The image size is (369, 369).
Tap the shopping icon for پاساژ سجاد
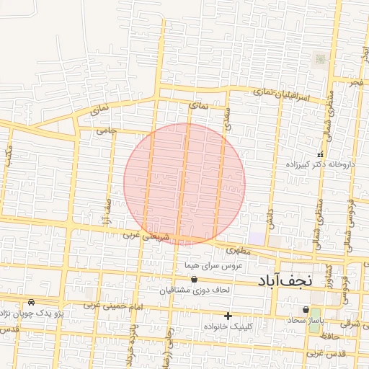coord(306,310)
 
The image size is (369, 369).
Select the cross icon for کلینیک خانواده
coord(228,316)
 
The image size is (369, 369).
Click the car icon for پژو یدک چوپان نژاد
coord(31,303)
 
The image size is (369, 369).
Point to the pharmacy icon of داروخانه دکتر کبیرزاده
coord(321,154)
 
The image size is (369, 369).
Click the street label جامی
coord(106,130)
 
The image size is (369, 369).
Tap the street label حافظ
coord(331,337)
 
